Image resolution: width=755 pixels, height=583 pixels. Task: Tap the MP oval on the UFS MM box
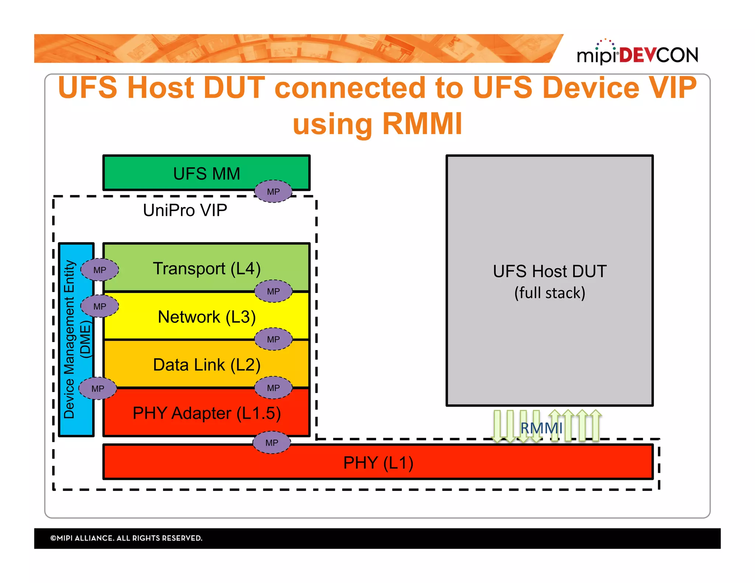coord(273,191)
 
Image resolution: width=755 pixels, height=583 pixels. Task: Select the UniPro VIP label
coord(185,210)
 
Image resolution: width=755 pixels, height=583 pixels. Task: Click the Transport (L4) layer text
coord(206,268)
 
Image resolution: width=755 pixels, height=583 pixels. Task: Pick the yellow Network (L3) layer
coord(206,317)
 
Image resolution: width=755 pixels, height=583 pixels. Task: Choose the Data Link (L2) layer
coord(206,364)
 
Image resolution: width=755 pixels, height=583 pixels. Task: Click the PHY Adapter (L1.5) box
coord(206,413)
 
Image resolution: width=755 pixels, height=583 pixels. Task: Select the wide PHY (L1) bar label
coord(378,462)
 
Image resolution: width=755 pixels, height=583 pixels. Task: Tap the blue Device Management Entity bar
coord(76,339)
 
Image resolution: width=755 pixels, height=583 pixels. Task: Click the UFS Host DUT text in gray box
coord(549,271)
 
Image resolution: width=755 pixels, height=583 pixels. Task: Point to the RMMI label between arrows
coord(541,428)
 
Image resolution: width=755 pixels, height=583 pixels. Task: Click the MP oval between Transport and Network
coord(273,291)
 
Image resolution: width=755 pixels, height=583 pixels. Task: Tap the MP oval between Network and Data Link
coord(273,339)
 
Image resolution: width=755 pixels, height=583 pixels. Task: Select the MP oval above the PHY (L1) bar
coord(272,442)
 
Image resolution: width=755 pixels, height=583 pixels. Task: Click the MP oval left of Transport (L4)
coord(100,270)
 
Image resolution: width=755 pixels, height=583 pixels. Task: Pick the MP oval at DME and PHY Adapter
coord(98,388)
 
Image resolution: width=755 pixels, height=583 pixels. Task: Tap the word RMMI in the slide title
coord(422,124)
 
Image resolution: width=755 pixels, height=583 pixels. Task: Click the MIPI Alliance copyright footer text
coord(126,538)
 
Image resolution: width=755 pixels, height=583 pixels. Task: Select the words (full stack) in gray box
coord(549,293)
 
